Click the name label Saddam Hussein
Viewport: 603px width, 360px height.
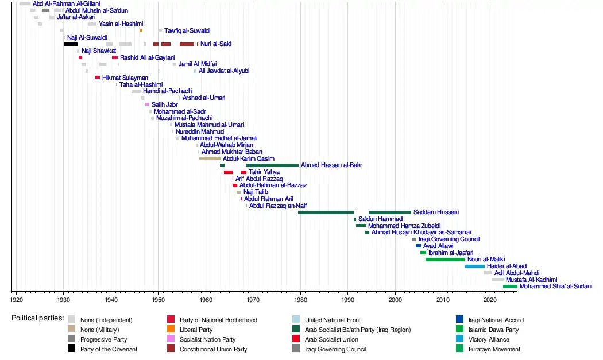(436, 212)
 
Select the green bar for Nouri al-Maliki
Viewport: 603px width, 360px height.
(445, 260)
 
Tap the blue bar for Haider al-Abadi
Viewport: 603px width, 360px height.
(474, 266)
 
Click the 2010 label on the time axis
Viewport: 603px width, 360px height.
(443, 300)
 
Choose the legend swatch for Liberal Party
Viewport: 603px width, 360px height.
(171, 330)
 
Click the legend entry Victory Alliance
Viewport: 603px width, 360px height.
(488, 339)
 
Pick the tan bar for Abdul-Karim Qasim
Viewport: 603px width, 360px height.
(210, 158)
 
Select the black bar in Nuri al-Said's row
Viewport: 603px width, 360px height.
(71, 44)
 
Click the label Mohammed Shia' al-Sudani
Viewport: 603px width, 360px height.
(555, 287)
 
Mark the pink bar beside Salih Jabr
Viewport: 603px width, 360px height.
(148, 104)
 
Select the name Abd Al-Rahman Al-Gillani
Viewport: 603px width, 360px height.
(66, 4)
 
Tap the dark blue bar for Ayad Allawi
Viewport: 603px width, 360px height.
(419, 246)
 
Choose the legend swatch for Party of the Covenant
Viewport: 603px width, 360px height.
(71, 349)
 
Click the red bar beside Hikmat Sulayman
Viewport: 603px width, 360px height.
(98, 78)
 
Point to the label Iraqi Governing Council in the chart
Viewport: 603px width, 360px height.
(449, 239)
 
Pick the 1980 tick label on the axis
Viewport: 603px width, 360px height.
(300, 300)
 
